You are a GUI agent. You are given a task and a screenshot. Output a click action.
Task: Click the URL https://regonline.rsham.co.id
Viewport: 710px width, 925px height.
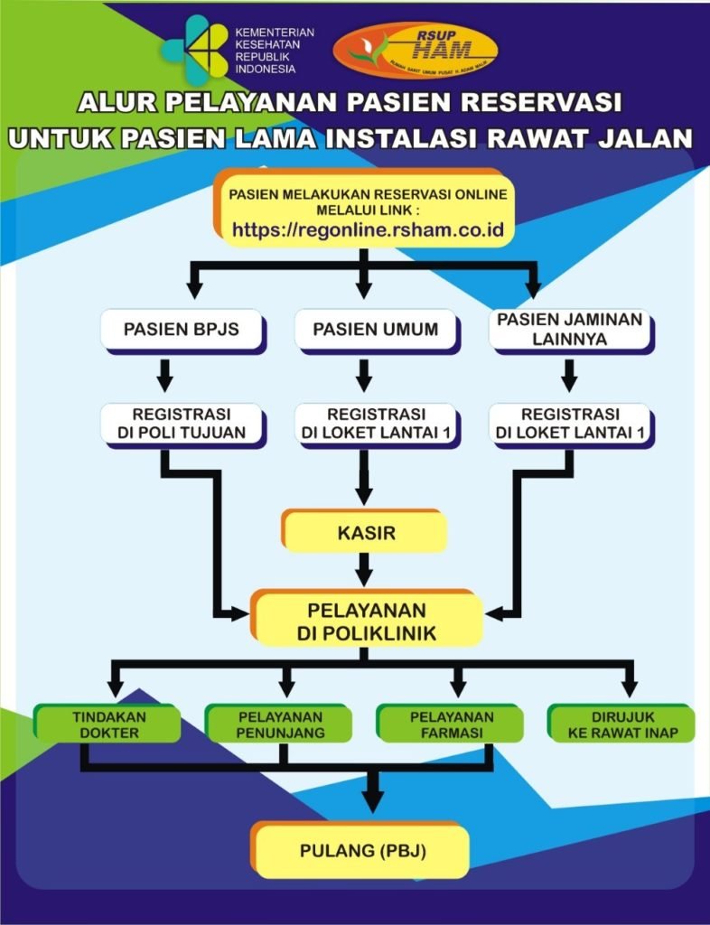(367, 229)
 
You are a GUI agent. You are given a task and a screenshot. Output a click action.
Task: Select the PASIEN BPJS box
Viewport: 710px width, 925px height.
(182, 330)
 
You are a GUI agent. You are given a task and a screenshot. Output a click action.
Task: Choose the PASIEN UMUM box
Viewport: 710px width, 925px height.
(376, 330)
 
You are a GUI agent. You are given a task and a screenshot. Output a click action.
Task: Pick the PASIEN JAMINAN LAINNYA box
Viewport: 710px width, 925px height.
(569, 331)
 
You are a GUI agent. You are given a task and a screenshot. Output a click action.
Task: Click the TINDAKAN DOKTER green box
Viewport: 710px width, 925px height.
(107, 724)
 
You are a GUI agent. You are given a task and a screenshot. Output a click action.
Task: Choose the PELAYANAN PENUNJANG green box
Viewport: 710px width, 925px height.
(280, 724)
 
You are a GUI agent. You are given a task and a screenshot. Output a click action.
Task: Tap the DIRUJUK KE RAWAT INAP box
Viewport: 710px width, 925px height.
(622, 724)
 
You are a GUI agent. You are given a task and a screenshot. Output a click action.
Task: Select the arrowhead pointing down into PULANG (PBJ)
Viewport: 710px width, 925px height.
(371, 799)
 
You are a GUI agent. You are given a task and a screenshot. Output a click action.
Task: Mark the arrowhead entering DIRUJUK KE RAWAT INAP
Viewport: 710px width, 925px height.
(629, 690)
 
